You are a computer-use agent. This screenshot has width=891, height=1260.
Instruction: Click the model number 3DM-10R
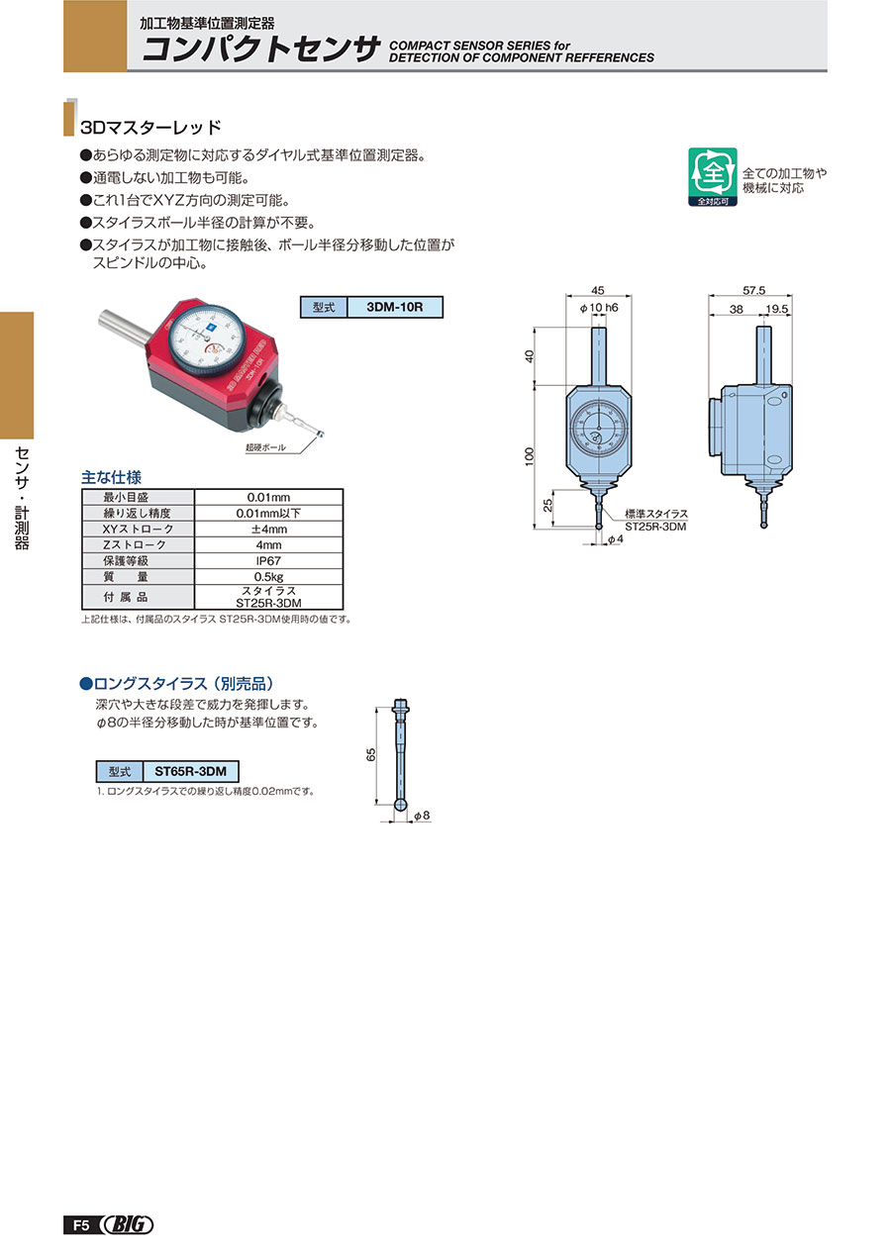click(x=394, y=307)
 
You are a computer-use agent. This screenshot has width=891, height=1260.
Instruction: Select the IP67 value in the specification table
click(x=268, y=561)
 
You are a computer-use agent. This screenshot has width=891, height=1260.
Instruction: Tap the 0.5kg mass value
click(x=268, y=577)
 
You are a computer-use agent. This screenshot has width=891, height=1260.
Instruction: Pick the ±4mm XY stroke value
click(x=268, y=529)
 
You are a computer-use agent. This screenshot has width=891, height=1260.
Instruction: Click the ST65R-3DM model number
click(x=191, y=771)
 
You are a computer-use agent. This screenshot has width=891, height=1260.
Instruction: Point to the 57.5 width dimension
click(x=753, y=290)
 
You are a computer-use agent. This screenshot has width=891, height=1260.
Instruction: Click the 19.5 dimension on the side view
click(x=777, y=309)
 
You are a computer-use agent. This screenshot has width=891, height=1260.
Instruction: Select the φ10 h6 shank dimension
click(x=599, y=308)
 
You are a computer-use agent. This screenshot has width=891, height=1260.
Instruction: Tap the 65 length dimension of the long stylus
click(x=371, y=755)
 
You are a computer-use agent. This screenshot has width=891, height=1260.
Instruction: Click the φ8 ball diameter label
click(x=422, y=815)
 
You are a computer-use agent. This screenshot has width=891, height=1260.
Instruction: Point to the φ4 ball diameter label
click(x=616, y=538)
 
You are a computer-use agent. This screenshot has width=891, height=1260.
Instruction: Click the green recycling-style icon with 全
click(x=713, y=176)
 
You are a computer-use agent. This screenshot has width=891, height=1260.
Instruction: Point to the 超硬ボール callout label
click(x=265, y=447)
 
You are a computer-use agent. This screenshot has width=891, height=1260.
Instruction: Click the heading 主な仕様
click(x=111, y=477)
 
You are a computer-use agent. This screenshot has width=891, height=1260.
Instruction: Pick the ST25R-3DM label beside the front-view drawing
click(x=655, y=527)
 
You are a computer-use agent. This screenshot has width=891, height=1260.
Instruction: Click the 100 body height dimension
click(x=529, y=455)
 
